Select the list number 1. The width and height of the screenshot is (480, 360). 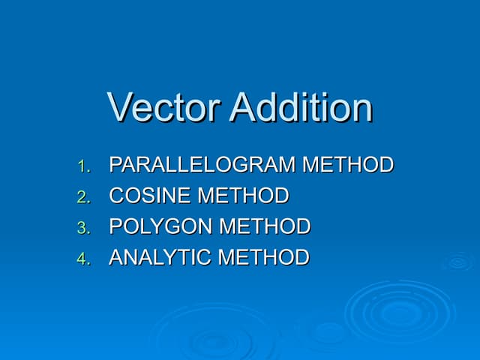(x=83, y=166)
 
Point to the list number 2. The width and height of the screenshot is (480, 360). (x=83, y=197)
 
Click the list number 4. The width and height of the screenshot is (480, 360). (x=83, y=259)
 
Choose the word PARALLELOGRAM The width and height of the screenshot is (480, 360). (x=202, y=165)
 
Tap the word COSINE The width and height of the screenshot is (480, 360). (x=150, y=196)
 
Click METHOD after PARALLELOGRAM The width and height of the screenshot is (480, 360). (x=348, y=165)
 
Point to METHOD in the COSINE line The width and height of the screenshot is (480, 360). (x=243, y=196)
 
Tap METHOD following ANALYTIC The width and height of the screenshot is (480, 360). (x=263, y=258)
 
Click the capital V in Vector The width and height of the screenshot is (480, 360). (x=120, y=107)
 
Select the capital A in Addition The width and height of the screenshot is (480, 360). (x=242, y=107)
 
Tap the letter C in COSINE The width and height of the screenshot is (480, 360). (x=117, y=196)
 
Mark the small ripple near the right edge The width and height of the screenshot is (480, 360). (x=457, y=262)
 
